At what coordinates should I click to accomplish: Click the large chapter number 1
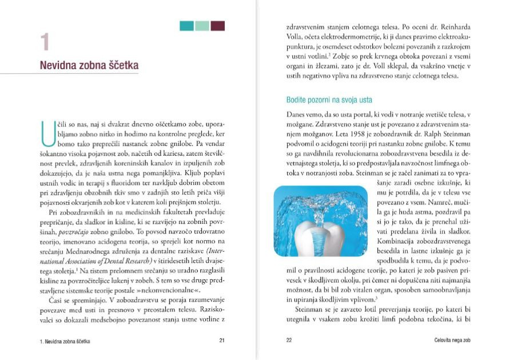point(45,43)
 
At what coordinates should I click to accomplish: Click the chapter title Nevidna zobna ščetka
point(89,66)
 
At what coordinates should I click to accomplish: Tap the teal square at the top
point(186,26)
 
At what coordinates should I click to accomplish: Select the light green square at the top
point(202,26)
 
